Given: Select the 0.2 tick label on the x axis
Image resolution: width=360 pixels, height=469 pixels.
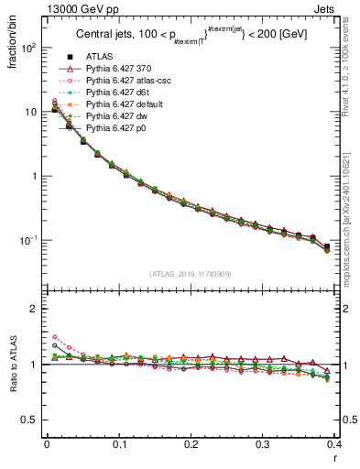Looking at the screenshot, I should tap(191, 444).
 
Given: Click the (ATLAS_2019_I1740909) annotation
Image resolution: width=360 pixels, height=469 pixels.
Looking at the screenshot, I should tap(191, 274).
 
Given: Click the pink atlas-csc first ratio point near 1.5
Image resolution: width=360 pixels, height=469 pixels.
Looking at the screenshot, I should tap(54, 337).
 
